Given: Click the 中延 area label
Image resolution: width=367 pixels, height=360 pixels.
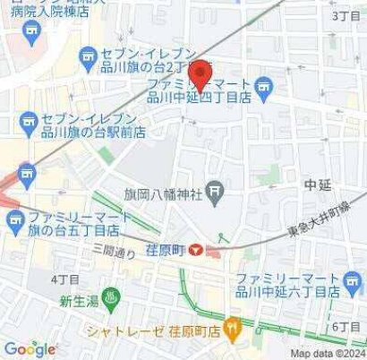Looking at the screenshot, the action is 318,185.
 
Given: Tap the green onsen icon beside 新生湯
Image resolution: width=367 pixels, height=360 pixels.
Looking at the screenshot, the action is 110,302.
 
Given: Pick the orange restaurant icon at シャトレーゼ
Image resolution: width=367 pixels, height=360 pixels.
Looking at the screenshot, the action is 232,330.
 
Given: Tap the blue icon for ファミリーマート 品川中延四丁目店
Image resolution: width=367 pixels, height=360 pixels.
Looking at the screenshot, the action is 263,86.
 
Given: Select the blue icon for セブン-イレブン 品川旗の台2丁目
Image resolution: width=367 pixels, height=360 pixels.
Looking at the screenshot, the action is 88,58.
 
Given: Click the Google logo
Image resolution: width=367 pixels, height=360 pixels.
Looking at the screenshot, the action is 29,348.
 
